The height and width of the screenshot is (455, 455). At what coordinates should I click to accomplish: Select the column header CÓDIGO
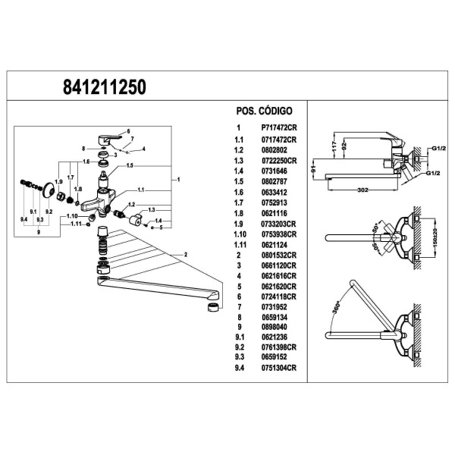click(x=275, y=111)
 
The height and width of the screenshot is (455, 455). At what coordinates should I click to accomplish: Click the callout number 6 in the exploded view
click(x=128, y=131)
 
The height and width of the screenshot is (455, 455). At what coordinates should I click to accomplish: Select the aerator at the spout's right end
click(x=215, y=306)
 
